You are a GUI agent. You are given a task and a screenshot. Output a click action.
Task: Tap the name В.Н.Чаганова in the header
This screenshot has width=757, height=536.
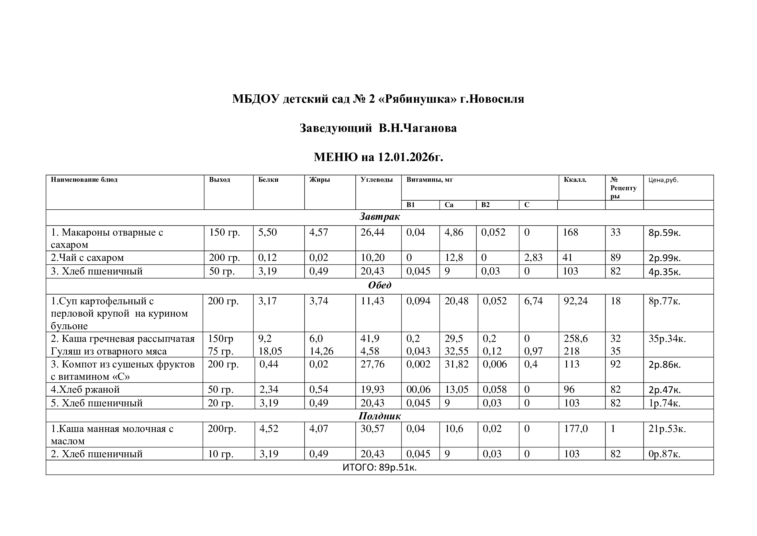(x=417, y=128)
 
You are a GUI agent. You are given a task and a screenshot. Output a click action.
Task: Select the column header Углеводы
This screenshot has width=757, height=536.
(x=376, y=180)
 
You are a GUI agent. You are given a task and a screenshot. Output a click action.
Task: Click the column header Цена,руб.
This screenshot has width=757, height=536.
(x=663, y=180)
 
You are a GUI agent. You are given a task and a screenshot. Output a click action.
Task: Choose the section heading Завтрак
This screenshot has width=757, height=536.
(x=380, y=217)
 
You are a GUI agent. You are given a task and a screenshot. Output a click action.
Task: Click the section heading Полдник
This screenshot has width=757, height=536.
(x=380, y=416)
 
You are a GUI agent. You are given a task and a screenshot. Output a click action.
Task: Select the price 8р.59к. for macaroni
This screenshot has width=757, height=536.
(x=664, y=233)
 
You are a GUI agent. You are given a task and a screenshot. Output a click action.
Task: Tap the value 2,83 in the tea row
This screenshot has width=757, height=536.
(x=533, y=258)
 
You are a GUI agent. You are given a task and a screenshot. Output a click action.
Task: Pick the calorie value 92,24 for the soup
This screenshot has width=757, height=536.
(x=575, y=301)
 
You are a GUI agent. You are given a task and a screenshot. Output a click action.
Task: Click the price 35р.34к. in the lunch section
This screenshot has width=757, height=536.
(x=667, y=339)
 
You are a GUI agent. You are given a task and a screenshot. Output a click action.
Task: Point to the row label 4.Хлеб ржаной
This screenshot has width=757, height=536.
(x=85, y=390)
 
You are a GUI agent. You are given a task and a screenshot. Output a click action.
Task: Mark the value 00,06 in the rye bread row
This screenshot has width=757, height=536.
(x=418, y=390)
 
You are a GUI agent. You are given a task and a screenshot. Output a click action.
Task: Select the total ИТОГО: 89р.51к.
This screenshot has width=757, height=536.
(x=380, y=468)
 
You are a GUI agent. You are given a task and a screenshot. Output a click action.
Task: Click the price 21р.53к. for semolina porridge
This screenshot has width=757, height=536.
(x=667, y=429)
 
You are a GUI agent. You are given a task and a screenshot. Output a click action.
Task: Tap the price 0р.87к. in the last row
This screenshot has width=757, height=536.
(x=664, y=454)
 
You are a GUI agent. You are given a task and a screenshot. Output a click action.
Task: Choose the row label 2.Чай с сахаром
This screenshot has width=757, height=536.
(x=87, y=258)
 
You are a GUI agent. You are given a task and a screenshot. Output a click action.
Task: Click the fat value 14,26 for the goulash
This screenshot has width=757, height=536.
(x=321, y=351)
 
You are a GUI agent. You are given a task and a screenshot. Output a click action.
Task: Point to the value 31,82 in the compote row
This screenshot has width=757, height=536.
(x=456, y=364)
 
